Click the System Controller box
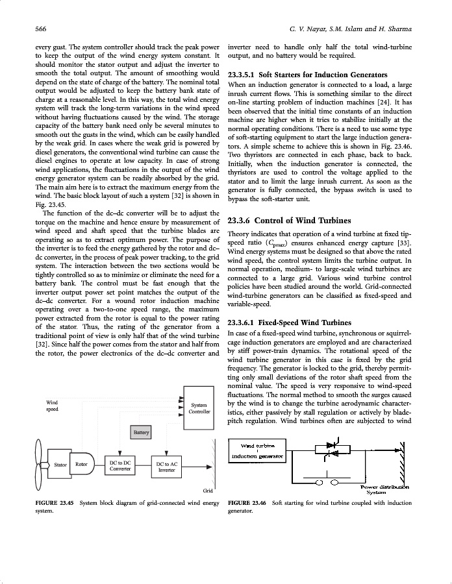tap(197, 408)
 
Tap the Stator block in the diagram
tap(61, 465)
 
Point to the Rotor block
tap(82, 465)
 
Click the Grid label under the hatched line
tap(208, 491)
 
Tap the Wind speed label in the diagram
tap(52, 406)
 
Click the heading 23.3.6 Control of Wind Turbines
tap(290, 221)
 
